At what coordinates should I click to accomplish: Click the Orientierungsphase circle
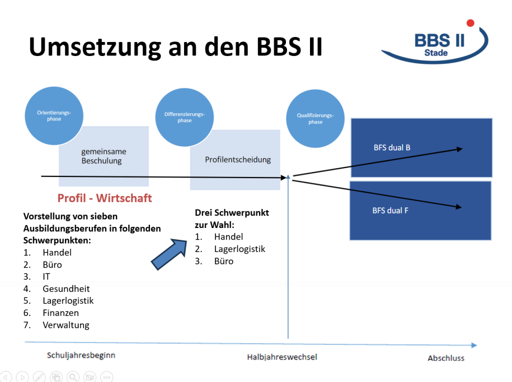(x=54, y=115)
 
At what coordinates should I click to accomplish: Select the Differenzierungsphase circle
(x=184, y=117)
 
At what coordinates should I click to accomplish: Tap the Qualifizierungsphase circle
(x=315, y=118)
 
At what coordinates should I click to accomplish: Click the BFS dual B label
(x=392, y=147)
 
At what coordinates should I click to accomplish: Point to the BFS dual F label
(x=390, y=210)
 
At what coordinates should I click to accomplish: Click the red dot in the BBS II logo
(x=470, y=23)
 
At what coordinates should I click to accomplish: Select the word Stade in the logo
(x=436, y=53)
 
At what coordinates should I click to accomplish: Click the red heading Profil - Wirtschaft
(x=104, y=198)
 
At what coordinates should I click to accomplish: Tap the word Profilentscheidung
(x=237, y=159)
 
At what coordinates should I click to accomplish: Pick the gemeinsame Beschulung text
(x=103, y=156)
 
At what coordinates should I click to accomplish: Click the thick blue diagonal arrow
(x=169, y=254)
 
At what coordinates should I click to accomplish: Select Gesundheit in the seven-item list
(x=66, y=289)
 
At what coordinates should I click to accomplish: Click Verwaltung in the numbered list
(x=66, y=325)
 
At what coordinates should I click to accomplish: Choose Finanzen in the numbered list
(x=60, y=313)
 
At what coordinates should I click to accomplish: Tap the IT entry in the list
(x=46, y=277)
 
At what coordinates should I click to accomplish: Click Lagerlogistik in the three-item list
(x=239, y=249)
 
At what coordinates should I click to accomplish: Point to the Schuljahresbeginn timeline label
(x=81, y=355)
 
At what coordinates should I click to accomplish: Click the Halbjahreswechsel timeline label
(x=282, y=357)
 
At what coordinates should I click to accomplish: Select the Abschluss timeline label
(x=446, y=358)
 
